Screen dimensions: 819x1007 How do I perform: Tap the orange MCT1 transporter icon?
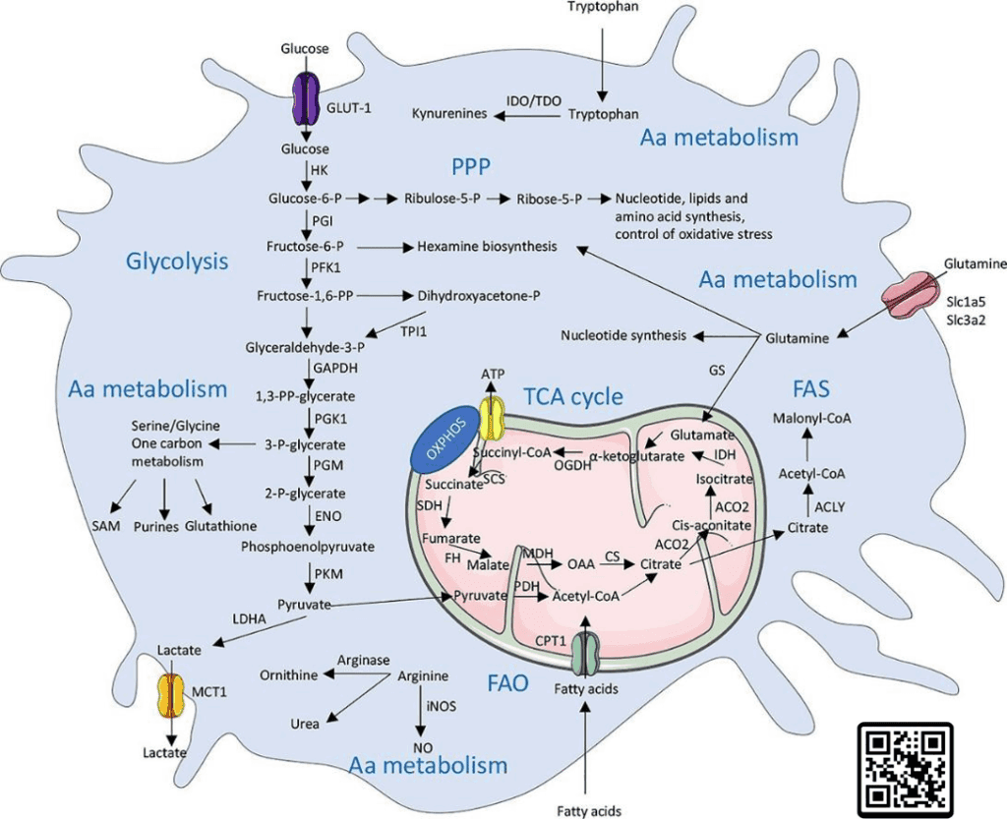pyautogui.click(x=173, y=695)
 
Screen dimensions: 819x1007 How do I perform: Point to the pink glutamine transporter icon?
pyautogui.click(x=916, y=295)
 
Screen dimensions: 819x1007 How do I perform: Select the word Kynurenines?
pyautogui.click(x=449, y=115)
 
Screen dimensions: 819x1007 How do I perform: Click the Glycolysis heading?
pyautogui.click(x=177, y=262)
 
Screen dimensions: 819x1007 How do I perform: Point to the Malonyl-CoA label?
pyautogui.click(x=811, y=418)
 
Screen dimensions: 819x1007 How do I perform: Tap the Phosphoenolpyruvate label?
pyautogui.click(x=307, y=546)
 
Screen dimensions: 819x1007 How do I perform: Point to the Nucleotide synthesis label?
pyautogui.click(x=623, y=335)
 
